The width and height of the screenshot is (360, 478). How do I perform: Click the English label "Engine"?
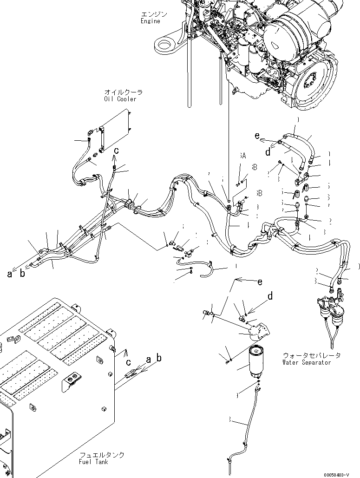151,21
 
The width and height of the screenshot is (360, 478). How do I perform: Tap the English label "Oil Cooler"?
120,99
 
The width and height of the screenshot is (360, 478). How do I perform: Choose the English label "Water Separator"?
307,362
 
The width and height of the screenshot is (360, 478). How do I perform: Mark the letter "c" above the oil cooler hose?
117,150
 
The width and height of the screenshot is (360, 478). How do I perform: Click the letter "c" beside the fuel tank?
127,361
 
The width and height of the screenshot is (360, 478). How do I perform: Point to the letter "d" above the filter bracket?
270,295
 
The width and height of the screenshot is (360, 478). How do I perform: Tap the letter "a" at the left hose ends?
9,274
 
